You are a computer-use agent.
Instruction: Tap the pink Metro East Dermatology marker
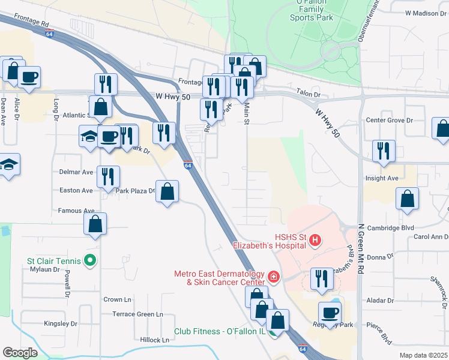[x=274, y=277]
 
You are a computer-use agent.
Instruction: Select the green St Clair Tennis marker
[x=90, y=260]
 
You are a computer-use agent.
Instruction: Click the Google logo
[x=20, y=353]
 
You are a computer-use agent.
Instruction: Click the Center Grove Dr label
[x=390, y=120]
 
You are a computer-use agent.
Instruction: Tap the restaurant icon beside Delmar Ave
[x=108, y=176]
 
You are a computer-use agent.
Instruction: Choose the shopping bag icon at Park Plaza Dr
[x=168, y=192]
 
